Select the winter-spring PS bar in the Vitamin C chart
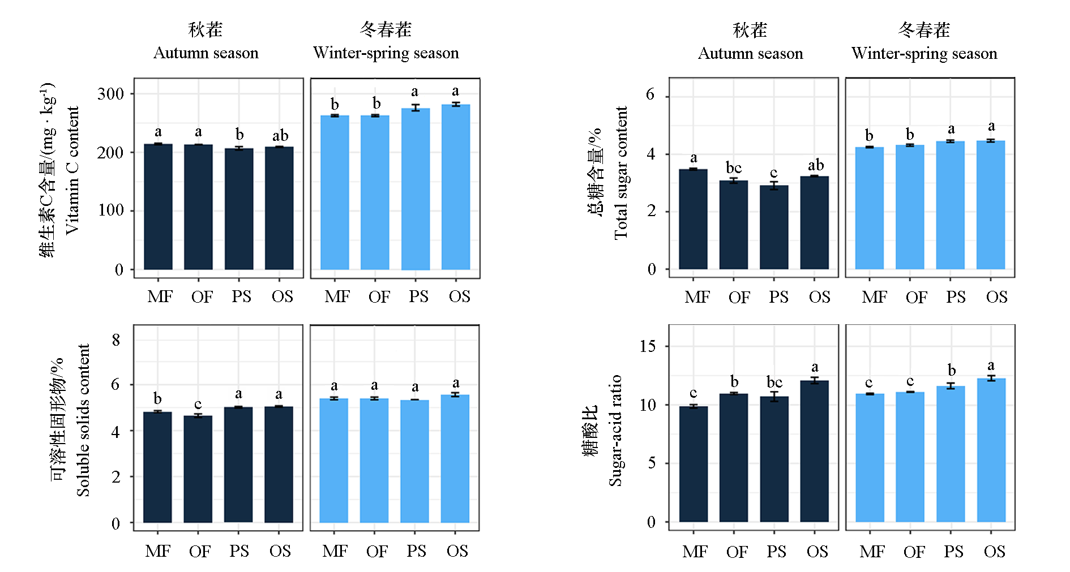(x=416, y=189)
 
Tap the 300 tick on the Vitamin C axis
(x=110, y=94)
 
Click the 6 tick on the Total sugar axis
(x=650, y=95)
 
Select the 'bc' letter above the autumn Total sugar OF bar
(x=734, y=167)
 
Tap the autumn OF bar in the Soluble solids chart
(x=198, y=469)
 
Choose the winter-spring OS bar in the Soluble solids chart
(x=455, y=458)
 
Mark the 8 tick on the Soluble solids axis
(x=116, y=340)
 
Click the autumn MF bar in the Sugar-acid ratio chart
(x=694, y=464)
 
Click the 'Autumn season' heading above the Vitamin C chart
(x=206, y=53)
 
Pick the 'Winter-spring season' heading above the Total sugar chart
(x=924, y=53)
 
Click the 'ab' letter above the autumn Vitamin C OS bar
(x=280, y=136)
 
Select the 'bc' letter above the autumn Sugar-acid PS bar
(x=774, y=382)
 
